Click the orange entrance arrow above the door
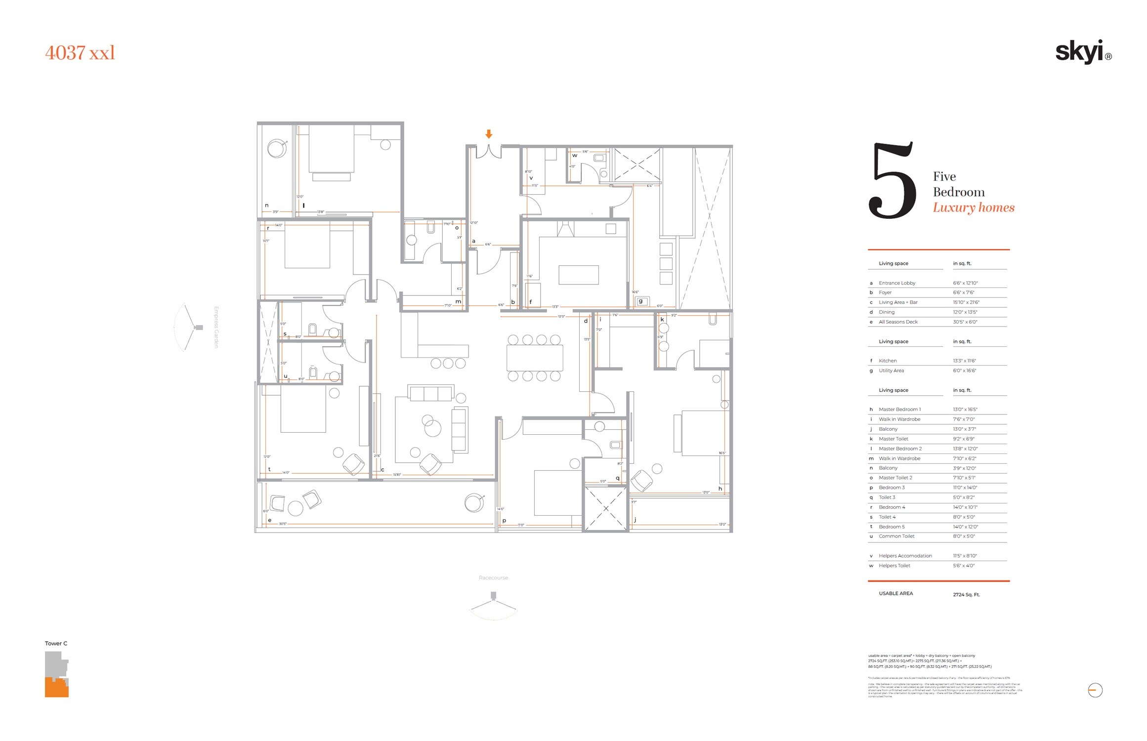(x=489, y=134)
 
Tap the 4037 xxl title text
(x=80, y=53)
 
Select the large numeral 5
(x=892, y=181)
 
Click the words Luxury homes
(x=973, y=207)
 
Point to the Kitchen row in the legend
(x=888, y=361)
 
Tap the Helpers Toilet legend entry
(x=894, y=566)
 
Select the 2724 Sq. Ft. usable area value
(x=966, y=595)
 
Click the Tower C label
(x=56, y=643)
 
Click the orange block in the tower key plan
(x=56, y=688)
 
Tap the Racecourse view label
(x=493, y=577)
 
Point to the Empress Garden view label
(x=216, y=327)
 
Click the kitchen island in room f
(x=578, y=275)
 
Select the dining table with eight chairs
(x=534, y=358)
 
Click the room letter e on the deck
(x=269, y=520)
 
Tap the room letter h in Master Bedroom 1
(x=720, y=489)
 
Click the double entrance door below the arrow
(x=489, y=152)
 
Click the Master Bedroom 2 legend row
(x=900, y=449)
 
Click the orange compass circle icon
(x=1095, y=690)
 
